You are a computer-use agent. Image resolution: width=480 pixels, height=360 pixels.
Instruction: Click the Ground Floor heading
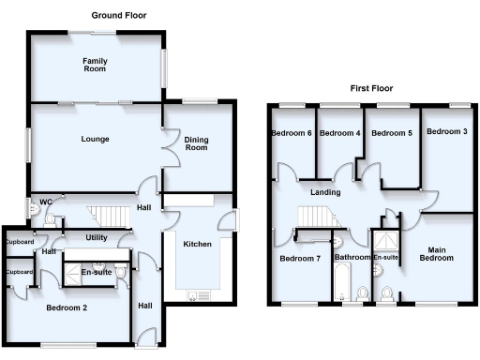118,16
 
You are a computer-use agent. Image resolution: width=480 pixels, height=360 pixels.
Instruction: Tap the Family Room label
95,65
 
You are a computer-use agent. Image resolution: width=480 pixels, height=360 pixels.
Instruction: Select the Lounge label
95,140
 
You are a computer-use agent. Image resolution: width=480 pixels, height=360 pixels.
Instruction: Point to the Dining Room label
196,143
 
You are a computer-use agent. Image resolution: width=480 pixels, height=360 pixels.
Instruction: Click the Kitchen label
197,244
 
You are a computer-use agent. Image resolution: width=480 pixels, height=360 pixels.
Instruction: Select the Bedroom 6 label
292,133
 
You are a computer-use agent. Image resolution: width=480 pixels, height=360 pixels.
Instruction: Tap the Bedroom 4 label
339,133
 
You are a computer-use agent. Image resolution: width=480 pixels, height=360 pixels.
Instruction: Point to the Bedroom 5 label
392,133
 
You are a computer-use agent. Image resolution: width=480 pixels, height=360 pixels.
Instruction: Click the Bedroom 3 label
446,131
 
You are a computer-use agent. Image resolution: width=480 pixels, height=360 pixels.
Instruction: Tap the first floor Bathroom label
353,257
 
